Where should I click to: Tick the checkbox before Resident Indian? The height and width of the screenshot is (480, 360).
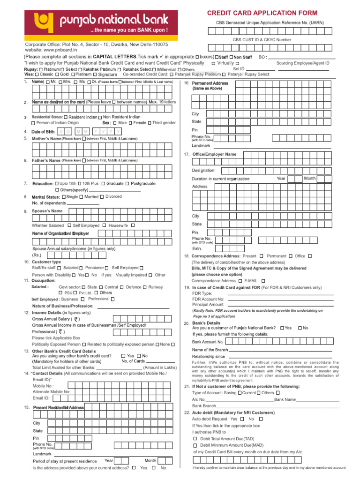66,117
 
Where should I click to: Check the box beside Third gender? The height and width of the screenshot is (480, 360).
149,123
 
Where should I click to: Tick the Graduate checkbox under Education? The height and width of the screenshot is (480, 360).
103,183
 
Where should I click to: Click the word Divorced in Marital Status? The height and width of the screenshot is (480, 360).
113,196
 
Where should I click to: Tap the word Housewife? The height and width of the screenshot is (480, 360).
118,225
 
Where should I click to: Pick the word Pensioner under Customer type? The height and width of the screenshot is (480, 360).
95,267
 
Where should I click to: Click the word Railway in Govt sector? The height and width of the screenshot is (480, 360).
156,286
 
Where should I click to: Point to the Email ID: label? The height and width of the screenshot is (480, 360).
41,397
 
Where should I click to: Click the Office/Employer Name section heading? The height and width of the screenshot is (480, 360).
214,154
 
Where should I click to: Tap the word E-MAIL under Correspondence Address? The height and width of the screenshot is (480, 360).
251,280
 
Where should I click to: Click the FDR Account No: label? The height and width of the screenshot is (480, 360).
208,299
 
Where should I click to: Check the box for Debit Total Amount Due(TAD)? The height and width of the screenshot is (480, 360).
195,438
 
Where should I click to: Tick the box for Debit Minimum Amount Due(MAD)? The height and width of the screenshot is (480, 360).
195,445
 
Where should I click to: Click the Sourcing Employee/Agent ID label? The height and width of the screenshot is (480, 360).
303,63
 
